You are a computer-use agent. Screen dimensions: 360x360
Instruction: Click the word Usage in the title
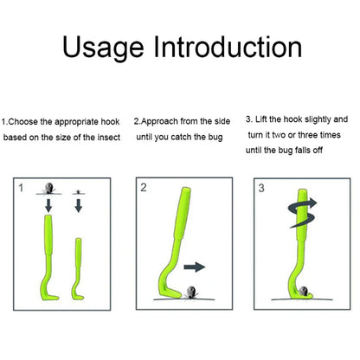pyautogui.click(x=103, y=48)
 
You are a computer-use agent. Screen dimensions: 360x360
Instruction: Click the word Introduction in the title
pyautogui.click(x=228, y=46)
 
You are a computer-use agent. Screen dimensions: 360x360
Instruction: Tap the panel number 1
pyautogui.click(x=21, y=188)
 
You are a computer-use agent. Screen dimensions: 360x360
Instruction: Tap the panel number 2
pyautogui.click(x=144, y=188)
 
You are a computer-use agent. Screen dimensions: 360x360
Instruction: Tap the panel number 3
pyautogui.click(x=261, y=188)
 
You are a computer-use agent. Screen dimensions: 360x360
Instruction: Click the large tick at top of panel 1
pyautogui.click(x=49, y=188)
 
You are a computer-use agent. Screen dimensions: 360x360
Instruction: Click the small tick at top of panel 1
pyautogui.click(x=78, y=192)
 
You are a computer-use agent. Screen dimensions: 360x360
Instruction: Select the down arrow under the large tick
pyautogui.click(x=48, y=205)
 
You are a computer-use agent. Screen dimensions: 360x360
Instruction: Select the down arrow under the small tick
pyautogui.click(x=78, y=205)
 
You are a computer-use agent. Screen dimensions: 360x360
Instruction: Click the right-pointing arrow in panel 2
pyautogui.click(x=195, y=267)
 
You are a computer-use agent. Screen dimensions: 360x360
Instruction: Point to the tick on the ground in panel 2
pyautogui.click(x=190, y=292)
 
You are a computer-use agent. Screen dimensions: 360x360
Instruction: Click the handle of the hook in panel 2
pyautogui.click(x=182, y=214)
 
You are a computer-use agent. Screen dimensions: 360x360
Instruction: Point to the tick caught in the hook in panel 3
pyautogui.click(x=303, y=292)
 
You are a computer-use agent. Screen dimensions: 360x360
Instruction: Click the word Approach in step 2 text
pyautogui.click(x=159, y=122)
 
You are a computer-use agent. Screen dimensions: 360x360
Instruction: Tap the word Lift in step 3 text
pyautogui.click(x=260, y=119)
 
